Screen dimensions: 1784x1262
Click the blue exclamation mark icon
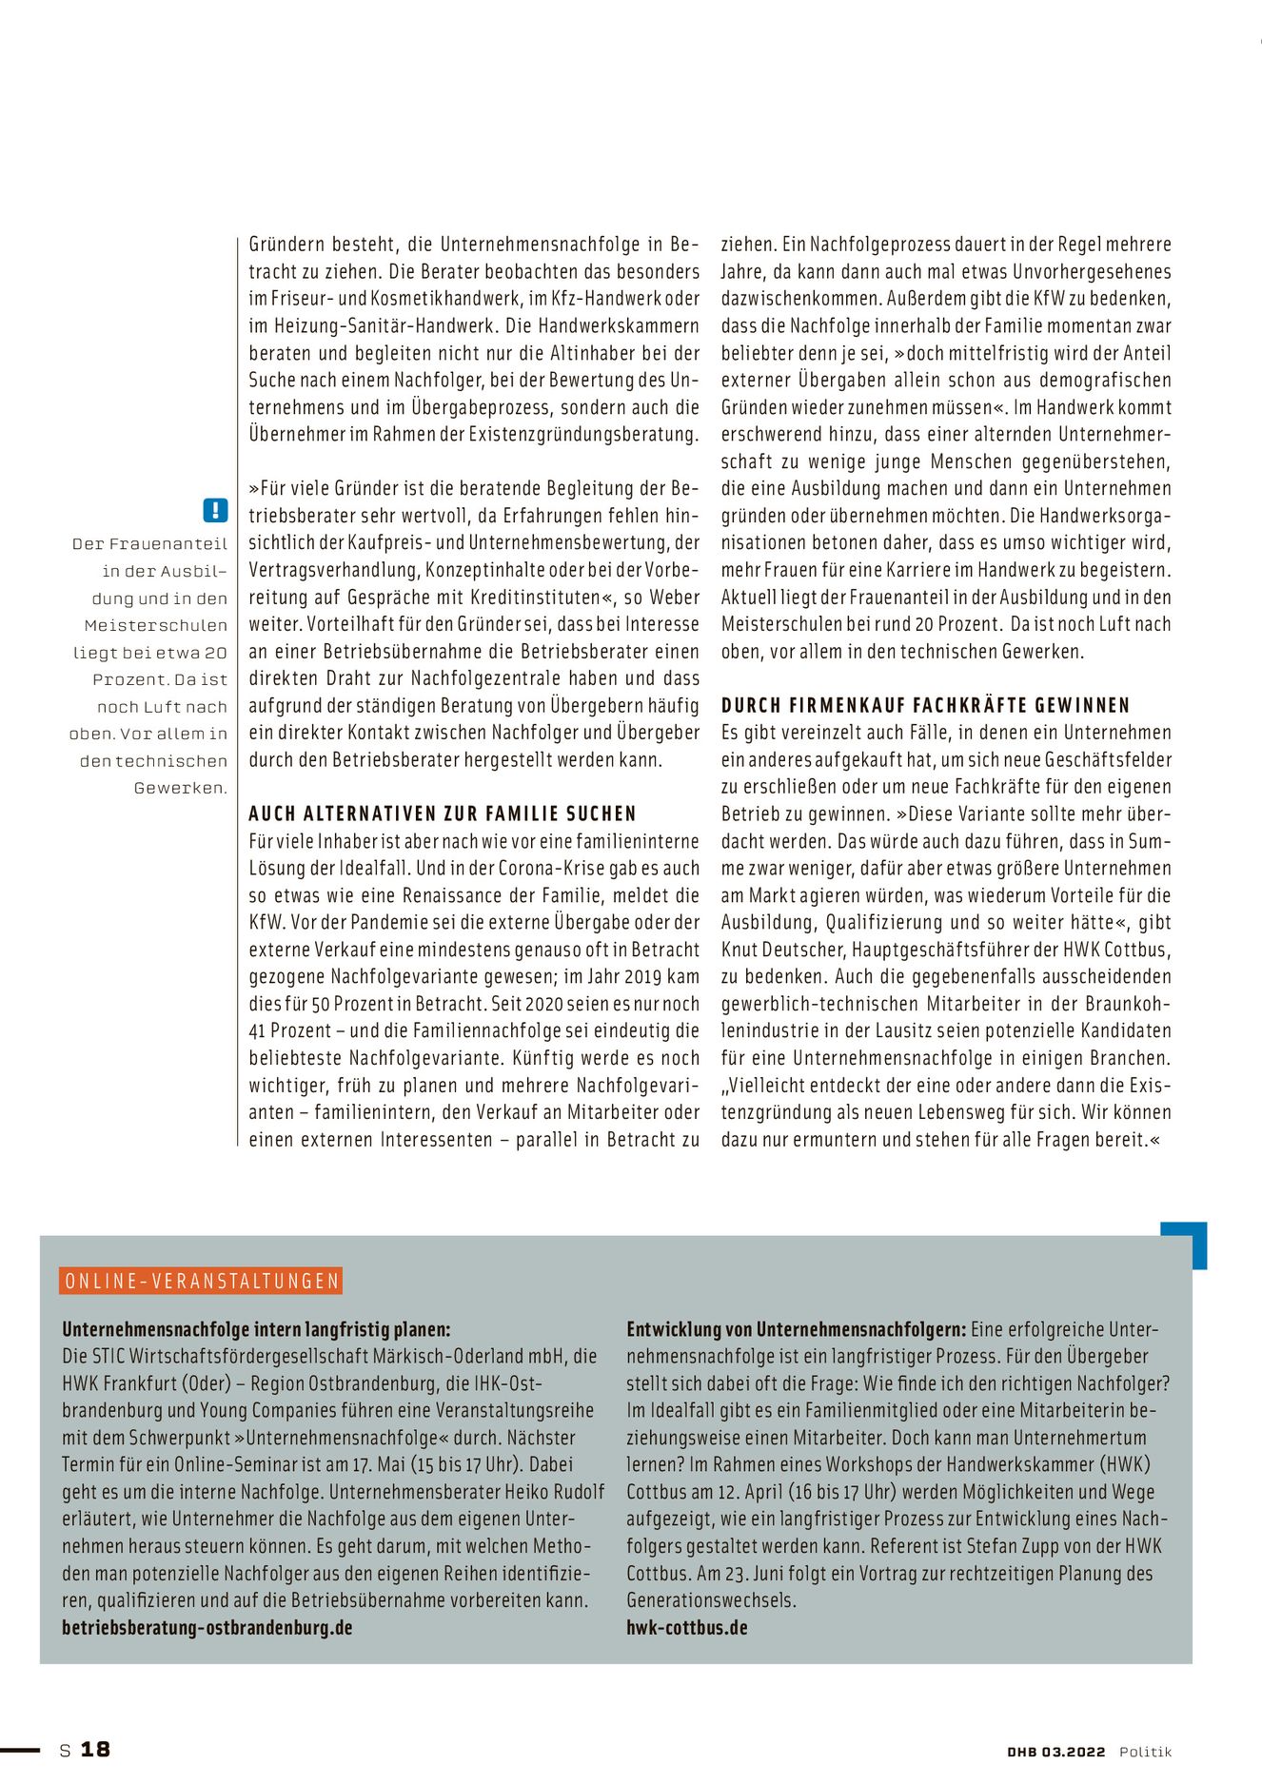point(216,510)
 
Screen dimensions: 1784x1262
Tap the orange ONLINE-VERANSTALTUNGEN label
point(201,1281)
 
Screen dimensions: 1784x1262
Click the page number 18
point(95,1750)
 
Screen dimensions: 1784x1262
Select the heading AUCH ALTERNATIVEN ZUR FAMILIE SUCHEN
point(443,814)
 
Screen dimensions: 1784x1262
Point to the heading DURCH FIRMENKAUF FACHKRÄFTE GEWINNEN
point(925,706)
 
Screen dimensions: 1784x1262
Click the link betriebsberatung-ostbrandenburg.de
point(207,1628)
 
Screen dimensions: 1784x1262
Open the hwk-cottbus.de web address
point(686,1628)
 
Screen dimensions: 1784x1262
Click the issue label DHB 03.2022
point(1056,1752)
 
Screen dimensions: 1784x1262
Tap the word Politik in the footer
point(1145,1752)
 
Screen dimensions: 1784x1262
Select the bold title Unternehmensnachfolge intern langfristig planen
point(256,1330)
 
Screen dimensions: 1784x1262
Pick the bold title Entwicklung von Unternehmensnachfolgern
point(796,1330)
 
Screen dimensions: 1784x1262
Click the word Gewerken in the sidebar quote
point(180,788)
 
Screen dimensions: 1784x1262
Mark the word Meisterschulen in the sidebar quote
point(155,625)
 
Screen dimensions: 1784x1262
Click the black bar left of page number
point(20,1750)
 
